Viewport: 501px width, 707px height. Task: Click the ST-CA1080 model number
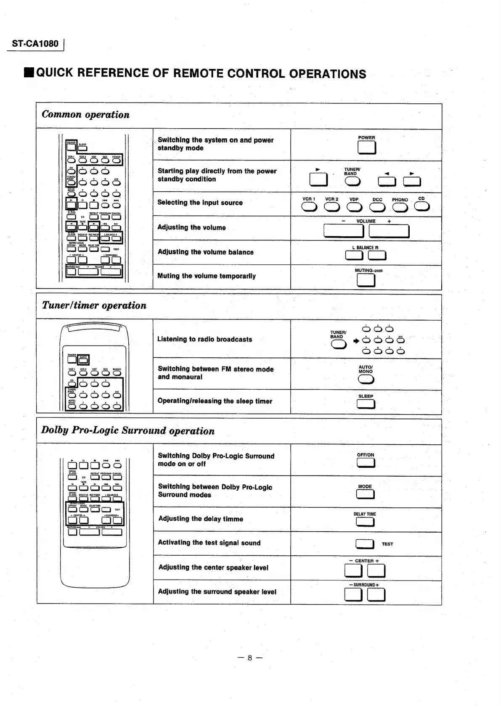[x=35, y=44]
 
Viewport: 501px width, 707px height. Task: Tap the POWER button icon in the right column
[x=366, y=148]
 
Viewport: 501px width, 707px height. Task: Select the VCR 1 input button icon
[x=309, y=207]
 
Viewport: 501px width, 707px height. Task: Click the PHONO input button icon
[x=399, y=207]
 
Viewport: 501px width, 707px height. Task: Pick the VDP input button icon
[x=354, y=207]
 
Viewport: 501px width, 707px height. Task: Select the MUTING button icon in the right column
[x=366, y=280]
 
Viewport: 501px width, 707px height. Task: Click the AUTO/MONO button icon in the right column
[x=366, y=379]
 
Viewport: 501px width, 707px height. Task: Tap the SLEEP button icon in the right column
[x=366, y=404]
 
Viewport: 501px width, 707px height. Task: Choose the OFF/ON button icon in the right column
[x=366, y=463]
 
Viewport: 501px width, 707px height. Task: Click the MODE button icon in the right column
[x=365, y=494]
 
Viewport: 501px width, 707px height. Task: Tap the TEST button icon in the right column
[x=364, y=544]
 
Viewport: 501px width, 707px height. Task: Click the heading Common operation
[x=86, y=115]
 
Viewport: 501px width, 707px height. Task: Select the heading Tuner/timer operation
[x=94, y=306]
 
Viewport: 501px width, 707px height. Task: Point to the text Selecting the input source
[x=200, y=203]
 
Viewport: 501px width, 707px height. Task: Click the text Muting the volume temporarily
[x=207, y=276]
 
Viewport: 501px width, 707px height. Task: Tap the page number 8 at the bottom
[x=249, y=658]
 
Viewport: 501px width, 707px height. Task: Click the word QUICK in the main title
[x=55, y=73]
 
